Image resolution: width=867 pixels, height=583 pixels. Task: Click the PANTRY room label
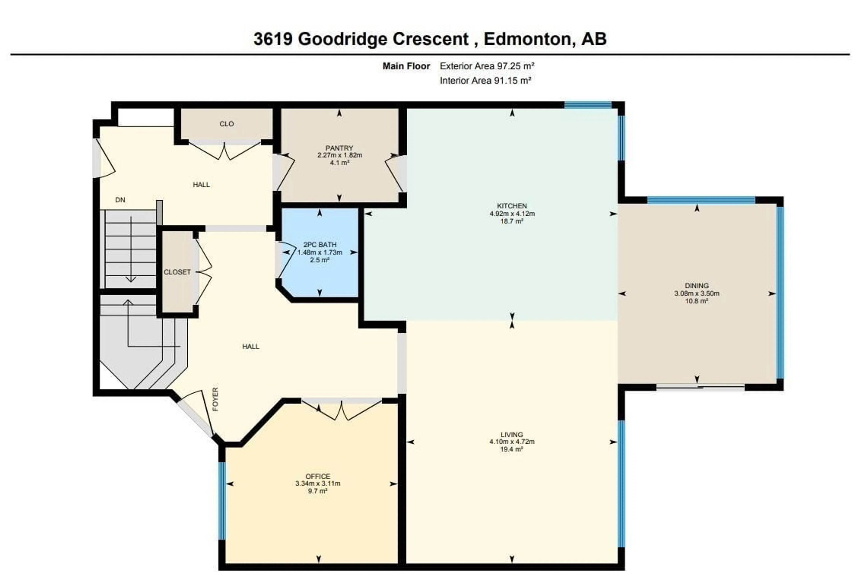pyautogui.click(x=339, y=148)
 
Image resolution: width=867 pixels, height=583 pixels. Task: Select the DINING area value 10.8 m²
pyautogui.click(x=696, y=301)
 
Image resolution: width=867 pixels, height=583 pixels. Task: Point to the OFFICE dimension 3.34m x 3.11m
pyautogui.click(x=317, y=483)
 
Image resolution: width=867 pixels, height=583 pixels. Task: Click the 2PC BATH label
pyautogui.click(x=320, y=245)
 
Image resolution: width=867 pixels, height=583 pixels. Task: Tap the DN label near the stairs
pyautogui.click(x=120, y=200)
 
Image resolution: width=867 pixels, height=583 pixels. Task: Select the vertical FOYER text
pyautogui.click(x=215, y=399)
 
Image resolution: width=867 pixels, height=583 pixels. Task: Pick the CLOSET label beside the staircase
pyautogui.click(x=177, y=272)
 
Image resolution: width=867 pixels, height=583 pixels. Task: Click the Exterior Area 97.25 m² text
pyautogui.click(x=487, y=66)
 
